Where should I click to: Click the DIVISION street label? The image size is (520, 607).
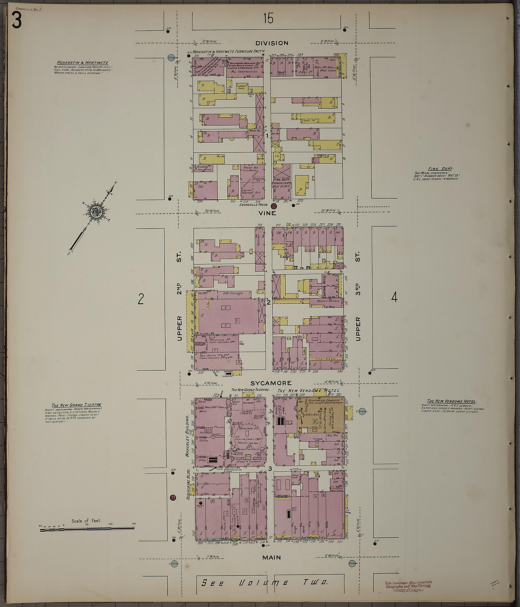click(272, 43)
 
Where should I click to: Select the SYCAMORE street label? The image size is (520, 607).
click(271, 383)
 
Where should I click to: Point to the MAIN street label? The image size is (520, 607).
click(272, 558)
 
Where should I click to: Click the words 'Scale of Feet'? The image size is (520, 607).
click(86, 521)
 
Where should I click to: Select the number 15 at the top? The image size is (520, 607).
click(268, 19)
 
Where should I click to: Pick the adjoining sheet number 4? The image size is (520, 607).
click(394, 298)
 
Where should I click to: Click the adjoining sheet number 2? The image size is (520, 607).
click(141, 299)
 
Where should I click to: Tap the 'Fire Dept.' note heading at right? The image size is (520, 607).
click(441, 168)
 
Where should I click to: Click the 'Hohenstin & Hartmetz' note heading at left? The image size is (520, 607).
click(83, 63)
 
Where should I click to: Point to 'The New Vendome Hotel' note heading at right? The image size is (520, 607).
click(452, 401)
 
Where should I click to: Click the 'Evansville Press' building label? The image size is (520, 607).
click(253, 205)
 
